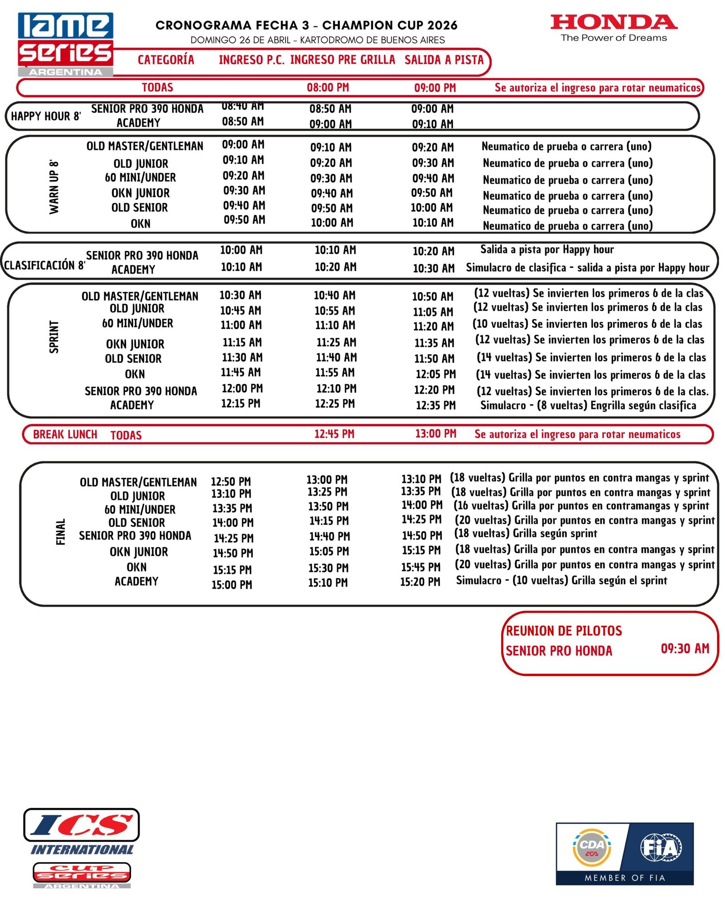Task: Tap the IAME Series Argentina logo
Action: click(x=66, y=44)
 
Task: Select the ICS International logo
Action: click(x=82, y=848)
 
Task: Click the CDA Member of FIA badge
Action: click(x=624, y=853)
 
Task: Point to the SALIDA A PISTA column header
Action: click(x=444, y=60)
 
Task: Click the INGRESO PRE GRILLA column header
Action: click(x=343, y=60)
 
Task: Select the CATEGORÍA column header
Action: click(x=166, y=60)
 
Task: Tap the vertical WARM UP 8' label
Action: click(x=54, y=186)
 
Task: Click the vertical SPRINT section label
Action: click(x=54, y=336)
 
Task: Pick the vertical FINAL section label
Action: click(x=61, y=532)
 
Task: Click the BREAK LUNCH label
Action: click(x=65, y=434)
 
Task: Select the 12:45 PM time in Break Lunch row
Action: click(x=334, y=434)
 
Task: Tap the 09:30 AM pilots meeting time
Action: click(x=685, y=649)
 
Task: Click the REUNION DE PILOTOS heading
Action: click(x=564, y=631)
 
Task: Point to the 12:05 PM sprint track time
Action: click(x=435, y=374)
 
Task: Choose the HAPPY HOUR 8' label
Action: click(x=46, y=116)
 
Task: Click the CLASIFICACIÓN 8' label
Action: click(x=44, y=265)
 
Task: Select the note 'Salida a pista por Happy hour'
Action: click(x=547, y=249)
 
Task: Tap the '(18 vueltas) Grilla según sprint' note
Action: click(x=526, y=534)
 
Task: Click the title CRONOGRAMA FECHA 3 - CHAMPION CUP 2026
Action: click(x=306, y=25)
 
